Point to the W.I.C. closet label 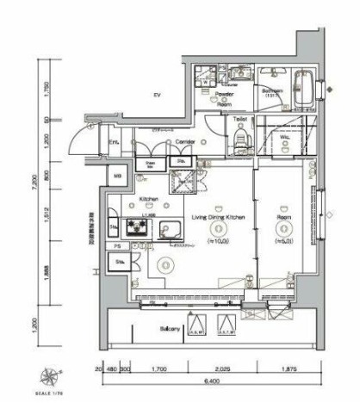pos(283,138)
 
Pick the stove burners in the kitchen pos(135,226)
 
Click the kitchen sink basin pos(168,229)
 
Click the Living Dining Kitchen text pos(219,218)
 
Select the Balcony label pos(168,330)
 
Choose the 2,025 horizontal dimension pos(223,369)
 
